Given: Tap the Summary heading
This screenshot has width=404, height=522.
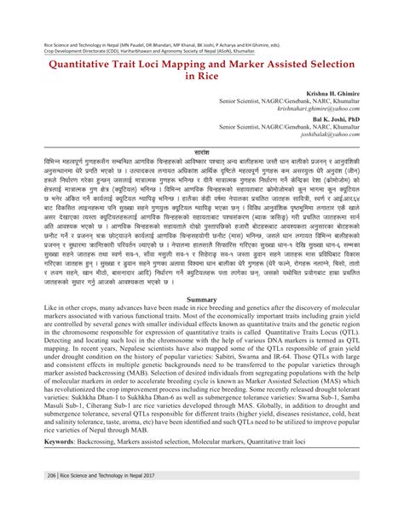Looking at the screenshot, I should (202, 301).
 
